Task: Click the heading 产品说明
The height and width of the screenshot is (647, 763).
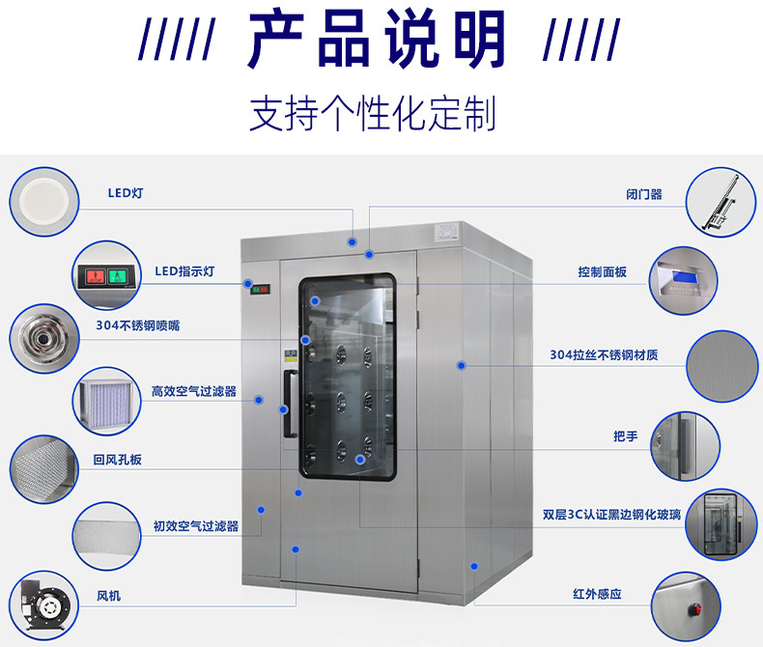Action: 378,41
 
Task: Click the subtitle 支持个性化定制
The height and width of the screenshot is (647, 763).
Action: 373,114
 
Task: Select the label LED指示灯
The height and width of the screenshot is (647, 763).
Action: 184,271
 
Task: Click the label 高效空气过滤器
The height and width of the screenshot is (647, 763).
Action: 193,392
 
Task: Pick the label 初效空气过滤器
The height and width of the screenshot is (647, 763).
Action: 195,526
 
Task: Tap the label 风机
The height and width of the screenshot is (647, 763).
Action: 108,596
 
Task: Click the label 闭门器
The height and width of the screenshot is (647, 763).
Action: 643,194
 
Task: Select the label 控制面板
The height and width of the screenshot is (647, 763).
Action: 602,272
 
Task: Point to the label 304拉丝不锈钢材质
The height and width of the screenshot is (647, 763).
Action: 604,354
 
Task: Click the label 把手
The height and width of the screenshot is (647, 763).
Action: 625,436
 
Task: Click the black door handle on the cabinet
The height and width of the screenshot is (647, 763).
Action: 288,404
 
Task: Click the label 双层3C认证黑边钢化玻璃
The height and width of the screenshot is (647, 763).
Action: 611,515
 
